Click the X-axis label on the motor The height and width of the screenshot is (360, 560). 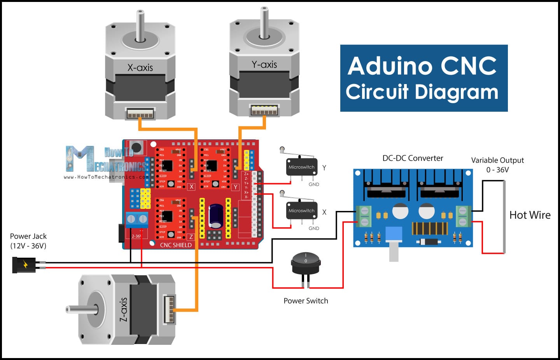140,68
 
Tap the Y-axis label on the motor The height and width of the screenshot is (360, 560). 264,65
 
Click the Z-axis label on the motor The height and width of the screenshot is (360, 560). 123,309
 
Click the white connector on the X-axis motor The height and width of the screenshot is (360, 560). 140,114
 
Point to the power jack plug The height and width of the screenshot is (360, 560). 24,265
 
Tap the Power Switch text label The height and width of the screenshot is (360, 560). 306,301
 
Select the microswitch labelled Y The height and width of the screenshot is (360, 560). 301,167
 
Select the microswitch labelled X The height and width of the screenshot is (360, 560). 301,211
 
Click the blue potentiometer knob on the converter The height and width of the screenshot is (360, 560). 394,235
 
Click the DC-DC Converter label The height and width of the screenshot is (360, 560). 413,158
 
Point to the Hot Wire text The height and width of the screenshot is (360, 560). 530,215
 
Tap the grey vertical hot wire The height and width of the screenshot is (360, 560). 504,216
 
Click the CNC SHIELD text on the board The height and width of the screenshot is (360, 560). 176,245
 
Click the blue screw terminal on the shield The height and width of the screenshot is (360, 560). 137,220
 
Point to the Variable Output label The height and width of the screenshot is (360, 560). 497,160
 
